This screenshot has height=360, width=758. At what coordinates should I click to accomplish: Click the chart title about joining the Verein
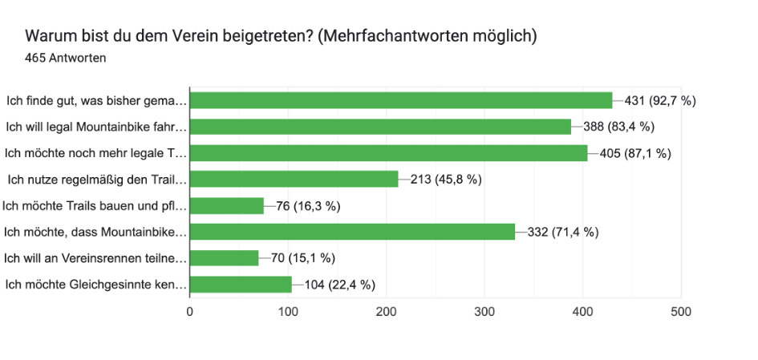point(281,37)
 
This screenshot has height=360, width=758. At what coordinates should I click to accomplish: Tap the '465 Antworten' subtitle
point(66,59)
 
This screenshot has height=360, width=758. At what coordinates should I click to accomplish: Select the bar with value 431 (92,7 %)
point(401,100)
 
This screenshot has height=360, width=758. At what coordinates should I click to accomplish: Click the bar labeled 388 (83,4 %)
point(380,127)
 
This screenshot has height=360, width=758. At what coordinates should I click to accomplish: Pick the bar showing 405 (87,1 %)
point(388,153)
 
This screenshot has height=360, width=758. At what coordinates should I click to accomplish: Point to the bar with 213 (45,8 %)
point(294,179)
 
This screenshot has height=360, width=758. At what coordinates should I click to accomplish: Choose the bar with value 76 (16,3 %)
point(227,205)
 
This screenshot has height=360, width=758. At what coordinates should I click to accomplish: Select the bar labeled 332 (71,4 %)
point(352,232)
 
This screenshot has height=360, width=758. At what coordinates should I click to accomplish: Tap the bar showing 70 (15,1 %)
point(224,258)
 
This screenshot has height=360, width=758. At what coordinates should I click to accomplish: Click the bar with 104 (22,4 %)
point(241,285)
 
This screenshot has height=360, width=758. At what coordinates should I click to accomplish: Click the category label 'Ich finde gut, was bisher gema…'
point(97,100)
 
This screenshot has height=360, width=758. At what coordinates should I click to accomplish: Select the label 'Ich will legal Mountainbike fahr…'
point(96,127)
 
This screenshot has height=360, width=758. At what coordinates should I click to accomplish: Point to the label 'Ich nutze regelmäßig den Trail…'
point(97,179)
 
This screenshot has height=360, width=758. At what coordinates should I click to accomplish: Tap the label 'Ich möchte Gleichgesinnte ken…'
point(96,285)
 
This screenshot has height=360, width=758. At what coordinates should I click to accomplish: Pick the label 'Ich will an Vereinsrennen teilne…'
point(95,258)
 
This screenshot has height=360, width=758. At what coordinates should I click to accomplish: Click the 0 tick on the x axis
point(190,312)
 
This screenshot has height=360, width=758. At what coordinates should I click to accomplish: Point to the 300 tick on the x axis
point(484,312)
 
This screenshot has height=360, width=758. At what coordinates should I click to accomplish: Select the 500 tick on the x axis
point(681,312)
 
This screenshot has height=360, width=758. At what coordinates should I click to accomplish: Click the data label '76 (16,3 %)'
point(309,206)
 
